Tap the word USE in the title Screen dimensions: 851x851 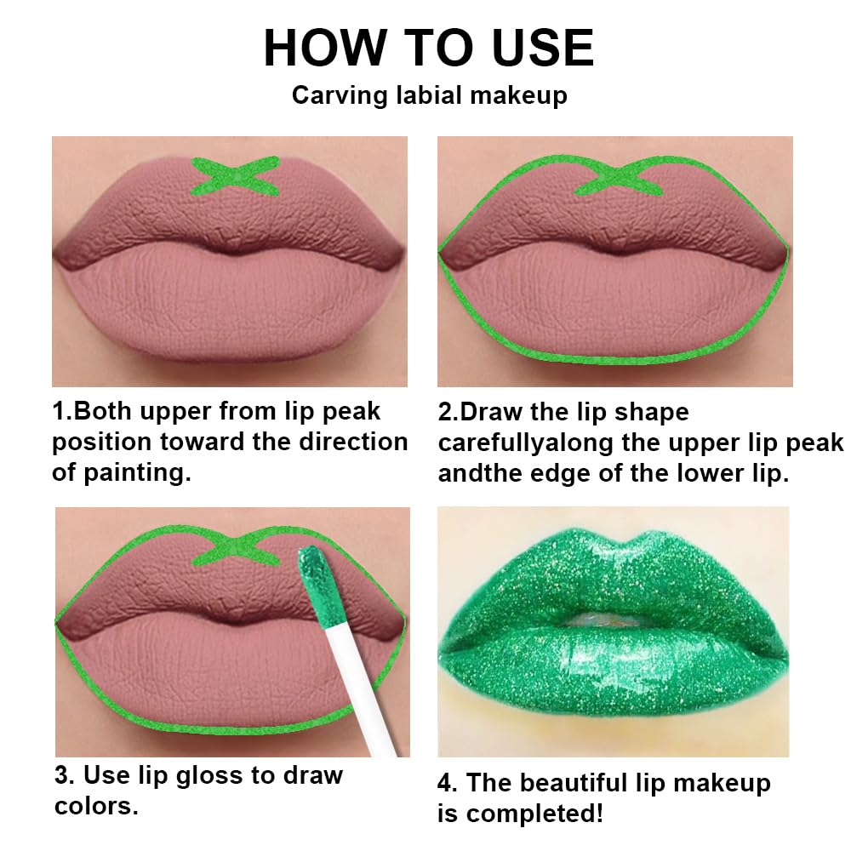(531, 48)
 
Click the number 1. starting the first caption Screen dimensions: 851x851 (62, 412)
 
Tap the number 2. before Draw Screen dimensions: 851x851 (448, 412)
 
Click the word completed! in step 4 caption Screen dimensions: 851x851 (533, 814)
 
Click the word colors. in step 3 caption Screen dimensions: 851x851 (95, 806)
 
